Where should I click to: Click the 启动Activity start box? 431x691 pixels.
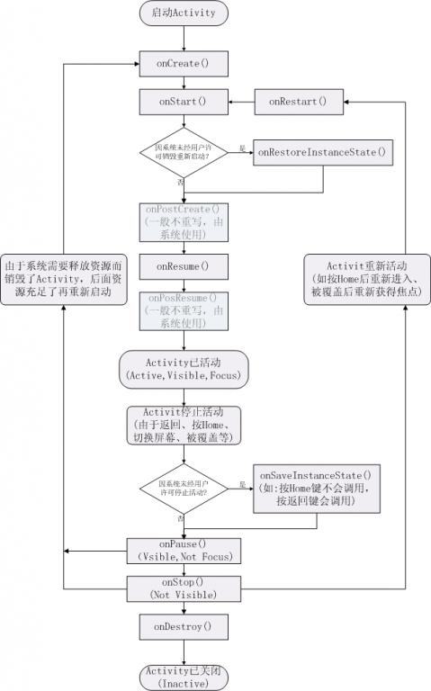click(184, 13)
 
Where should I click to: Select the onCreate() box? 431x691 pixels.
click(184, 64)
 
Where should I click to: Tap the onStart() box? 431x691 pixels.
click(184, 101)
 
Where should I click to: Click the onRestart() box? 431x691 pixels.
click(298, 101)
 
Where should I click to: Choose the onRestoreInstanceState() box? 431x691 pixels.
click(321, 152)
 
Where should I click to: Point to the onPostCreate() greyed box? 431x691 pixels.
click(184, 221)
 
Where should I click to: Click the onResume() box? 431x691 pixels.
click(184, 266)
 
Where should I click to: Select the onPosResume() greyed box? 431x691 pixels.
click(184, 310)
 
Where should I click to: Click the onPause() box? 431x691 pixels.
click(184, 550)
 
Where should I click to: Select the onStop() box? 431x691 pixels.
click(184, 588)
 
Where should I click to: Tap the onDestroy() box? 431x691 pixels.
click(184, 625)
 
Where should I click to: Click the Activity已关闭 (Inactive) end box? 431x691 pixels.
click(184, 677)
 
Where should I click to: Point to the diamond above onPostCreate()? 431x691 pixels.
click(184, 152)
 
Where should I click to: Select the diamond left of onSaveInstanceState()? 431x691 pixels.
click(184, 488)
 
